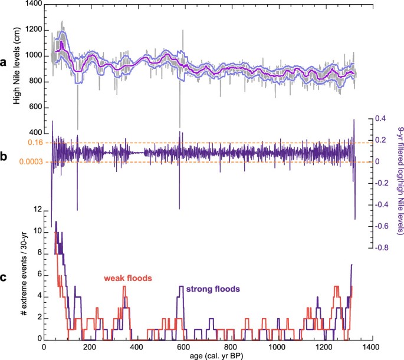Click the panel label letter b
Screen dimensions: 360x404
6,158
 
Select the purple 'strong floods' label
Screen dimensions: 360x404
212,289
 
